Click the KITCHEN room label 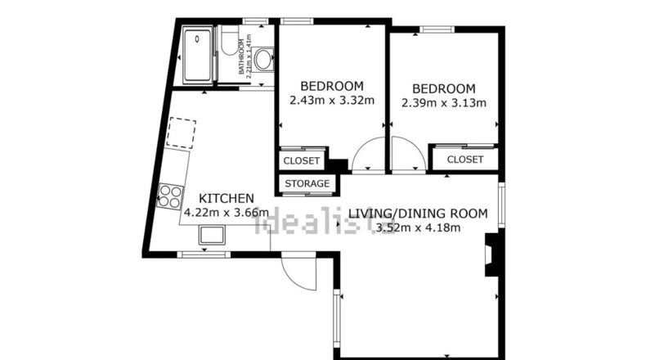227,198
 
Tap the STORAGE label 307,183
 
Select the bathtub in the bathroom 198,56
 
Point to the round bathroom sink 263,60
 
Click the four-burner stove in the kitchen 170,196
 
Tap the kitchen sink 212,235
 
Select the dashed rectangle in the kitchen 181,133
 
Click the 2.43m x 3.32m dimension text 332,100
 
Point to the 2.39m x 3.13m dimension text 444,102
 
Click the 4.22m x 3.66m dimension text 227,213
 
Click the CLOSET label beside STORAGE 302,161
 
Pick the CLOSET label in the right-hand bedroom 465,160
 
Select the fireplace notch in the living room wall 492,254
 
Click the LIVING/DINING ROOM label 418,214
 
